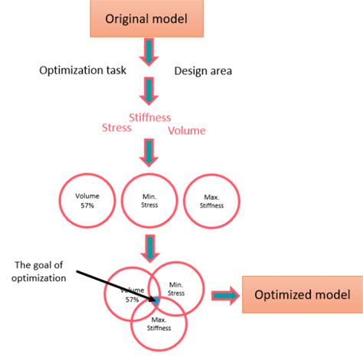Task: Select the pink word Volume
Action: coord(188,130)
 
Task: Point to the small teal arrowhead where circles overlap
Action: coord(157,301)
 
